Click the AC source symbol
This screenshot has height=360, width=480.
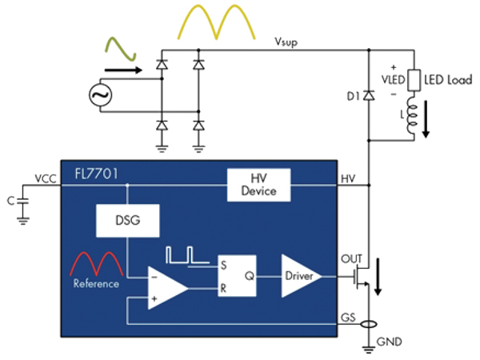point(102,96)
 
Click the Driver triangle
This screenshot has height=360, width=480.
point(300,275)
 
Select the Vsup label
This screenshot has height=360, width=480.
point(286,42)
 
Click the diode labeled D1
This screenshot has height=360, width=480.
point(368,96)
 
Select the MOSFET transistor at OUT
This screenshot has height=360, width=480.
point(362,276)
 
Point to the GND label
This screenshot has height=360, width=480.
point(392,342)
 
